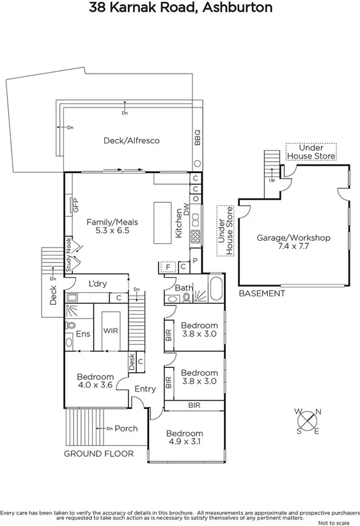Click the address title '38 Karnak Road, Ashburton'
[180, 8]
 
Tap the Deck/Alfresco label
[131, 140]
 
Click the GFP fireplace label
[75, 206]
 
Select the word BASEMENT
[262, 294]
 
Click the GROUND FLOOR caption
[98, 454]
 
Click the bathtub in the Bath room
[215, 290]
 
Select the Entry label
[145, 389]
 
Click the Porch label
[125, 428]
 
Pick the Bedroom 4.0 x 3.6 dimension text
[95, 385]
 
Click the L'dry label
[97, 283]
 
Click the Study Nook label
[68, 255]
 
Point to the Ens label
[83, 333]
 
